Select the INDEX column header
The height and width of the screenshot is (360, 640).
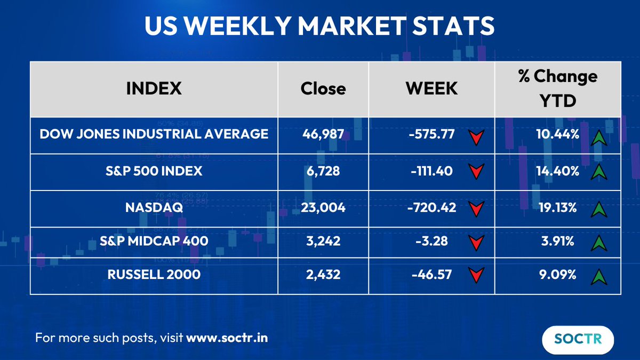tap(154, 89)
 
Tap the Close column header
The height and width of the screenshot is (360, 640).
tap(323, 89)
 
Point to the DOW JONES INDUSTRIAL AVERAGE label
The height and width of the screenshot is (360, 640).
tap(154, 134)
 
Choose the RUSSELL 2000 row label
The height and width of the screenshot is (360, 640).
tap(154, 275)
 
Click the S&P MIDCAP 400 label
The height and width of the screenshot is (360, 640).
tap(154, 241)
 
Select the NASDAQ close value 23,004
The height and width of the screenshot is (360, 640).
tap(323, 207)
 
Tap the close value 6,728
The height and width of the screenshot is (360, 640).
tap(323, 171)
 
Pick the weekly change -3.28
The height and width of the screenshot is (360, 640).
tap(432, 241)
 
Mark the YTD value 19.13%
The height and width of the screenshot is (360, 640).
tap(557, 207)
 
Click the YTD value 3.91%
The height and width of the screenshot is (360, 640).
tap(557, 241)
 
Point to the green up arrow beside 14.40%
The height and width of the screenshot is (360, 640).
tap(599, 172)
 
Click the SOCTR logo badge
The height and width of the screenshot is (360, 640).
tap(578, 340)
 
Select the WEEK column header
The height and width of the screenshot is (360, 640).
tap(431, 89)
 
